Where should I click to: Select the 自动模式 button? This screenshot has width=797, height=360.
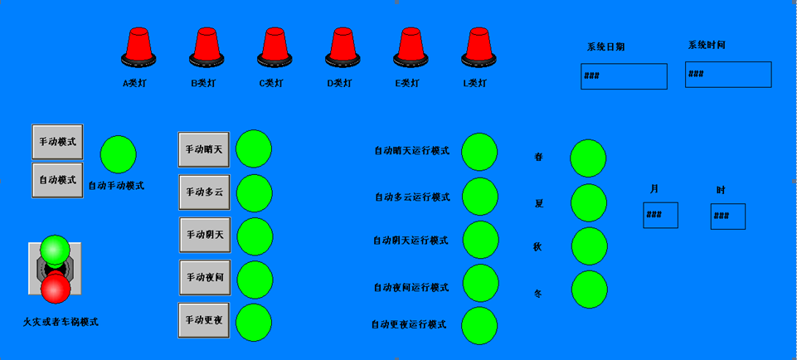pyautogui.click(x=57, y=179)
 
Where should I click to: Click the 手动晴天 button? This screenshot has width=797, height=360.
pyautogui.click(x=204, y=149)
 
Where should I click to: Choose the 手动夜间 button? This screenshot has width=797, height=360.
pyautogui.click(x=204, y=277)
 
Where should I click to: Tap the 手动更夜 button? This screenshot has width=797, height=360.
pyautogui.click(x=204, y=320)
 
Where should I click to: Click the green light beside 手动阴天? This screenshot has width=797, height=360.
pyautogui.click(x=255, y=236)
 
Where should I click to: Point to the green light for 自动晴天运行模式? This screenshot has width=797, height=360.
pyautogui.click(x=479, y=151)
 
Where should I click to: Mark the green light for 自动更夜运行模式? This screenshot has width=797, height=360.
pyautogui.click(x=479, y=324)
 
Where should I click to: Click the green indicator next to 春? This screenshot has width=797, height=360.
pyautogui.click(x=589, y=158)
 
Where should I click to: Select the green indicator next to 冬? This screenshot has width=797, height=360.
pyautogui.click(x=589, y=289)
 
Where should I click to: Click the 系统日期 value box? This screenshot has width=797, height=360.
pyautogui.click(x=624, y=76)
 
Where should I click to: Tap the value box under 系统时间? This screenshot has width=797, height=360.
pyautogui.click(x=728, y=75)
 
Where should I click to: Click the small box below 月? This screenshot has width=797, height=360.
pyautogui.click(x=660, y=216)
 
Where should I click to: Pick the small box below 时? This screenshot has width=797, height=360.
pyautogui.click(x=727, y=216)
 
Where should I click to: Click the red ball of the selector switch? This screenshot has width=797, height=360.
pyautogui.click(x=56, y=288)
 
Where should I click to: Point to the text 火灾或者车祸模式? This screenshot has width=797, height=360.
pyautogui.click(x=61, y=322)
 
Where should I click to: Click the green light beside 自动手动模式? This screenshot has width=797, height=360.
pyautogui.click(x=118, y=154)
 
